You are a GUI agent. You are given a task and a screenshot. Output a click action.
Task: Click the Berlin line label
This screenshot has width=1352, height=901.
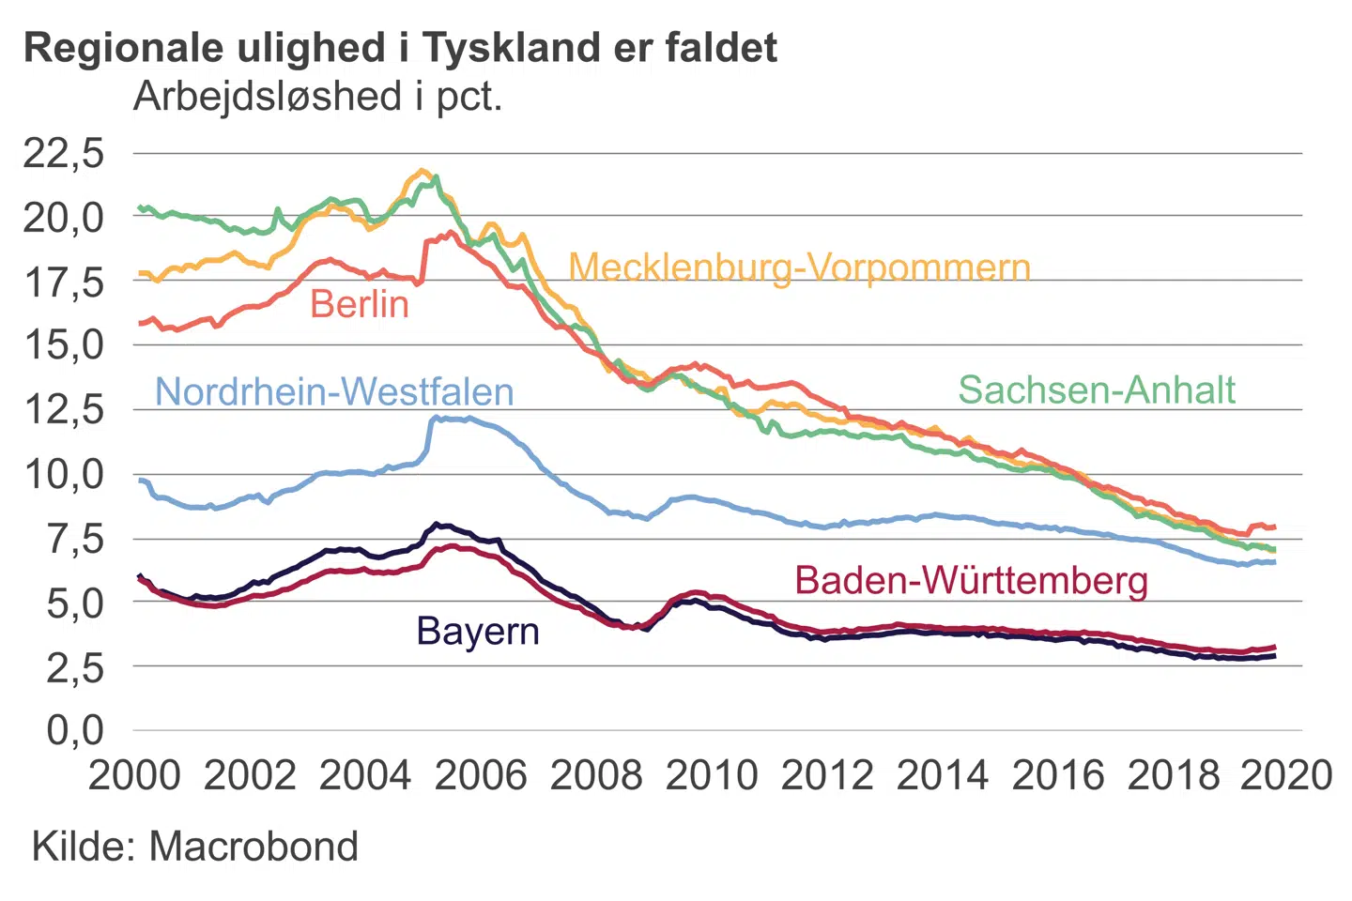pos(360,304)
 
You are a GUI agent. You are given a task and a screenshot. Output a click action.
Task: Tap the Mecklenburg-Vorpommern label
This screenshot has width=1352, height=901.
pos(799,267)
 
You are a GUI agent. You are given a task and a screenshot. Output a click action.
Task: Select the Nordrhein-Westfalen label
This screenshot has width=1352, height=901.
pos(334,391)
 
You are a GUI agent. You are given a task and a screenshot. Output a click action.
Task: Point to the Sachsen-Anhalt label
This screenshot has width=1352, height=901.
pos(1097,389)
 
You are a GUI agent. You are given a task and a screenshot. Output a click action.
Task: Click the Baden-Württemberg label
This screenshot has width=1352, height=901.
pos(971,580)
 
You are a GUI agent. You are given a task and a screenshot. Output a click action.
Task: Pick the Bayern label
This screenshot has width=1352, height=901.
pos(478,631)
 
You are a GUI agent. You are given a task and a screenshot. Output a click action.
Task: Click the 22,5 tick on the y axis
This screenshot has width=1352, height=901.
pos(64,152)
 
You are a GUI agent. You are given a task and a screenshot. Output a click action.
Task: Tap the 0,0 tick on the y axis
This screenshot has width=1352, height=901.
pos(75,729)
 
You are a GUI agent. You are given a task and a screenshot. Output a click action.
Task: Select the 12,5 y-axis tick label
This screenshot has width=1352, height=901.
pos(64,409)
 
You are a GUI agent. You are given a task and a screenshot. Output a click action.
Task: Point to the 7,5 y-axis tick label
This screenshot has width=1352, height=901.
pos(75,539)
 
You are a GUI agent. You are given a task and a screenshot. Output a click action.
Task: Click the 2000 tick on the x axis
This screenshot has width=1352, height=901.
pos(134,775)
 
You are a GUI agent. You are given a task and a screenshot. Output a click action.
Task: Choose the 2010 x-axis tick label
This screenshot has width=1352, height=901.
pos(712,775)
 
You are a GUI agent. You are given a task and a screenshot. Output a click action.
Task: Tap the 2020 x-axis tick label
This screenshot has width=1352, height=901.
pos(1286,775)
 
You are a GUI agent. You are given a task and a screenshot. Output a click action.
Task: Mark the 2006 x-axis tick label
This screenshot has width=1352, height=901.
pos(481,775)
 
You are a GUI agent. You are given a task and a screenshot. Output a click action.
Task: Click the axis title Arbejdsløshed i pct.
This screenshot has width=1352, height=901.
pos(317,96)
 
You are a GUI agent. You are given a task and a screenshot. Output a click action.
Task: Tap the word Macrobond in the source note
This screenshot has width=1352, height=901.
pos(253,846)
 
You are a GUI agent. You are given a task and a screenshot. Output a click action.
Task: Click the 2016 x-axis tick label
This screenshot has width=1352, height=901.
pos(1058,775)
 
